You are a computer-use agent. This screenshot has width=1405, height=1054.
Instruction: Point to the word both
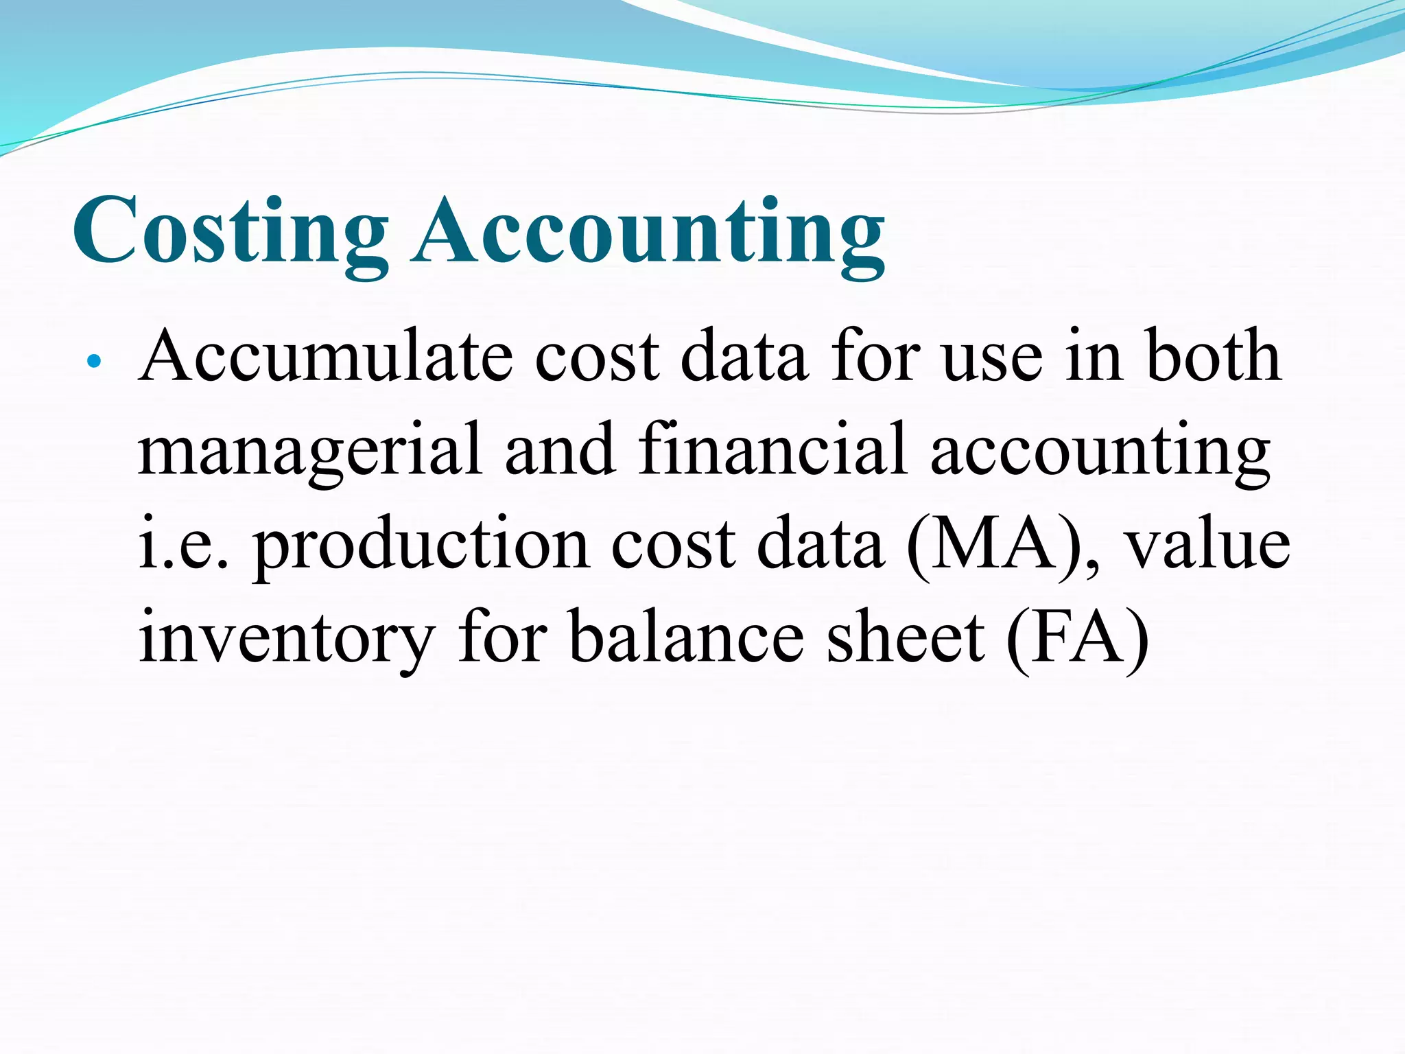(x=1212, y=357)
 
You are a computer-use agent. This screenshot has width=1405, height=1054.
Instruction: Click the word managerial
(x=309, y=450)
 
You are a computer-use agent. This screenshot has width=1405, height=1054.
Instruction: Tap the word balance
(x=686, y=638)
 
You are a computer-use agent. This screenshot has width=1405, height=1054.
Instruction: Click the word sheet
(x=905, y=638)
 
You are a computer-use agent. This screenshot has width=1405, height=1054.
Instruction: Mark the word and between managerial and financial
(x=560, y=450)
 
